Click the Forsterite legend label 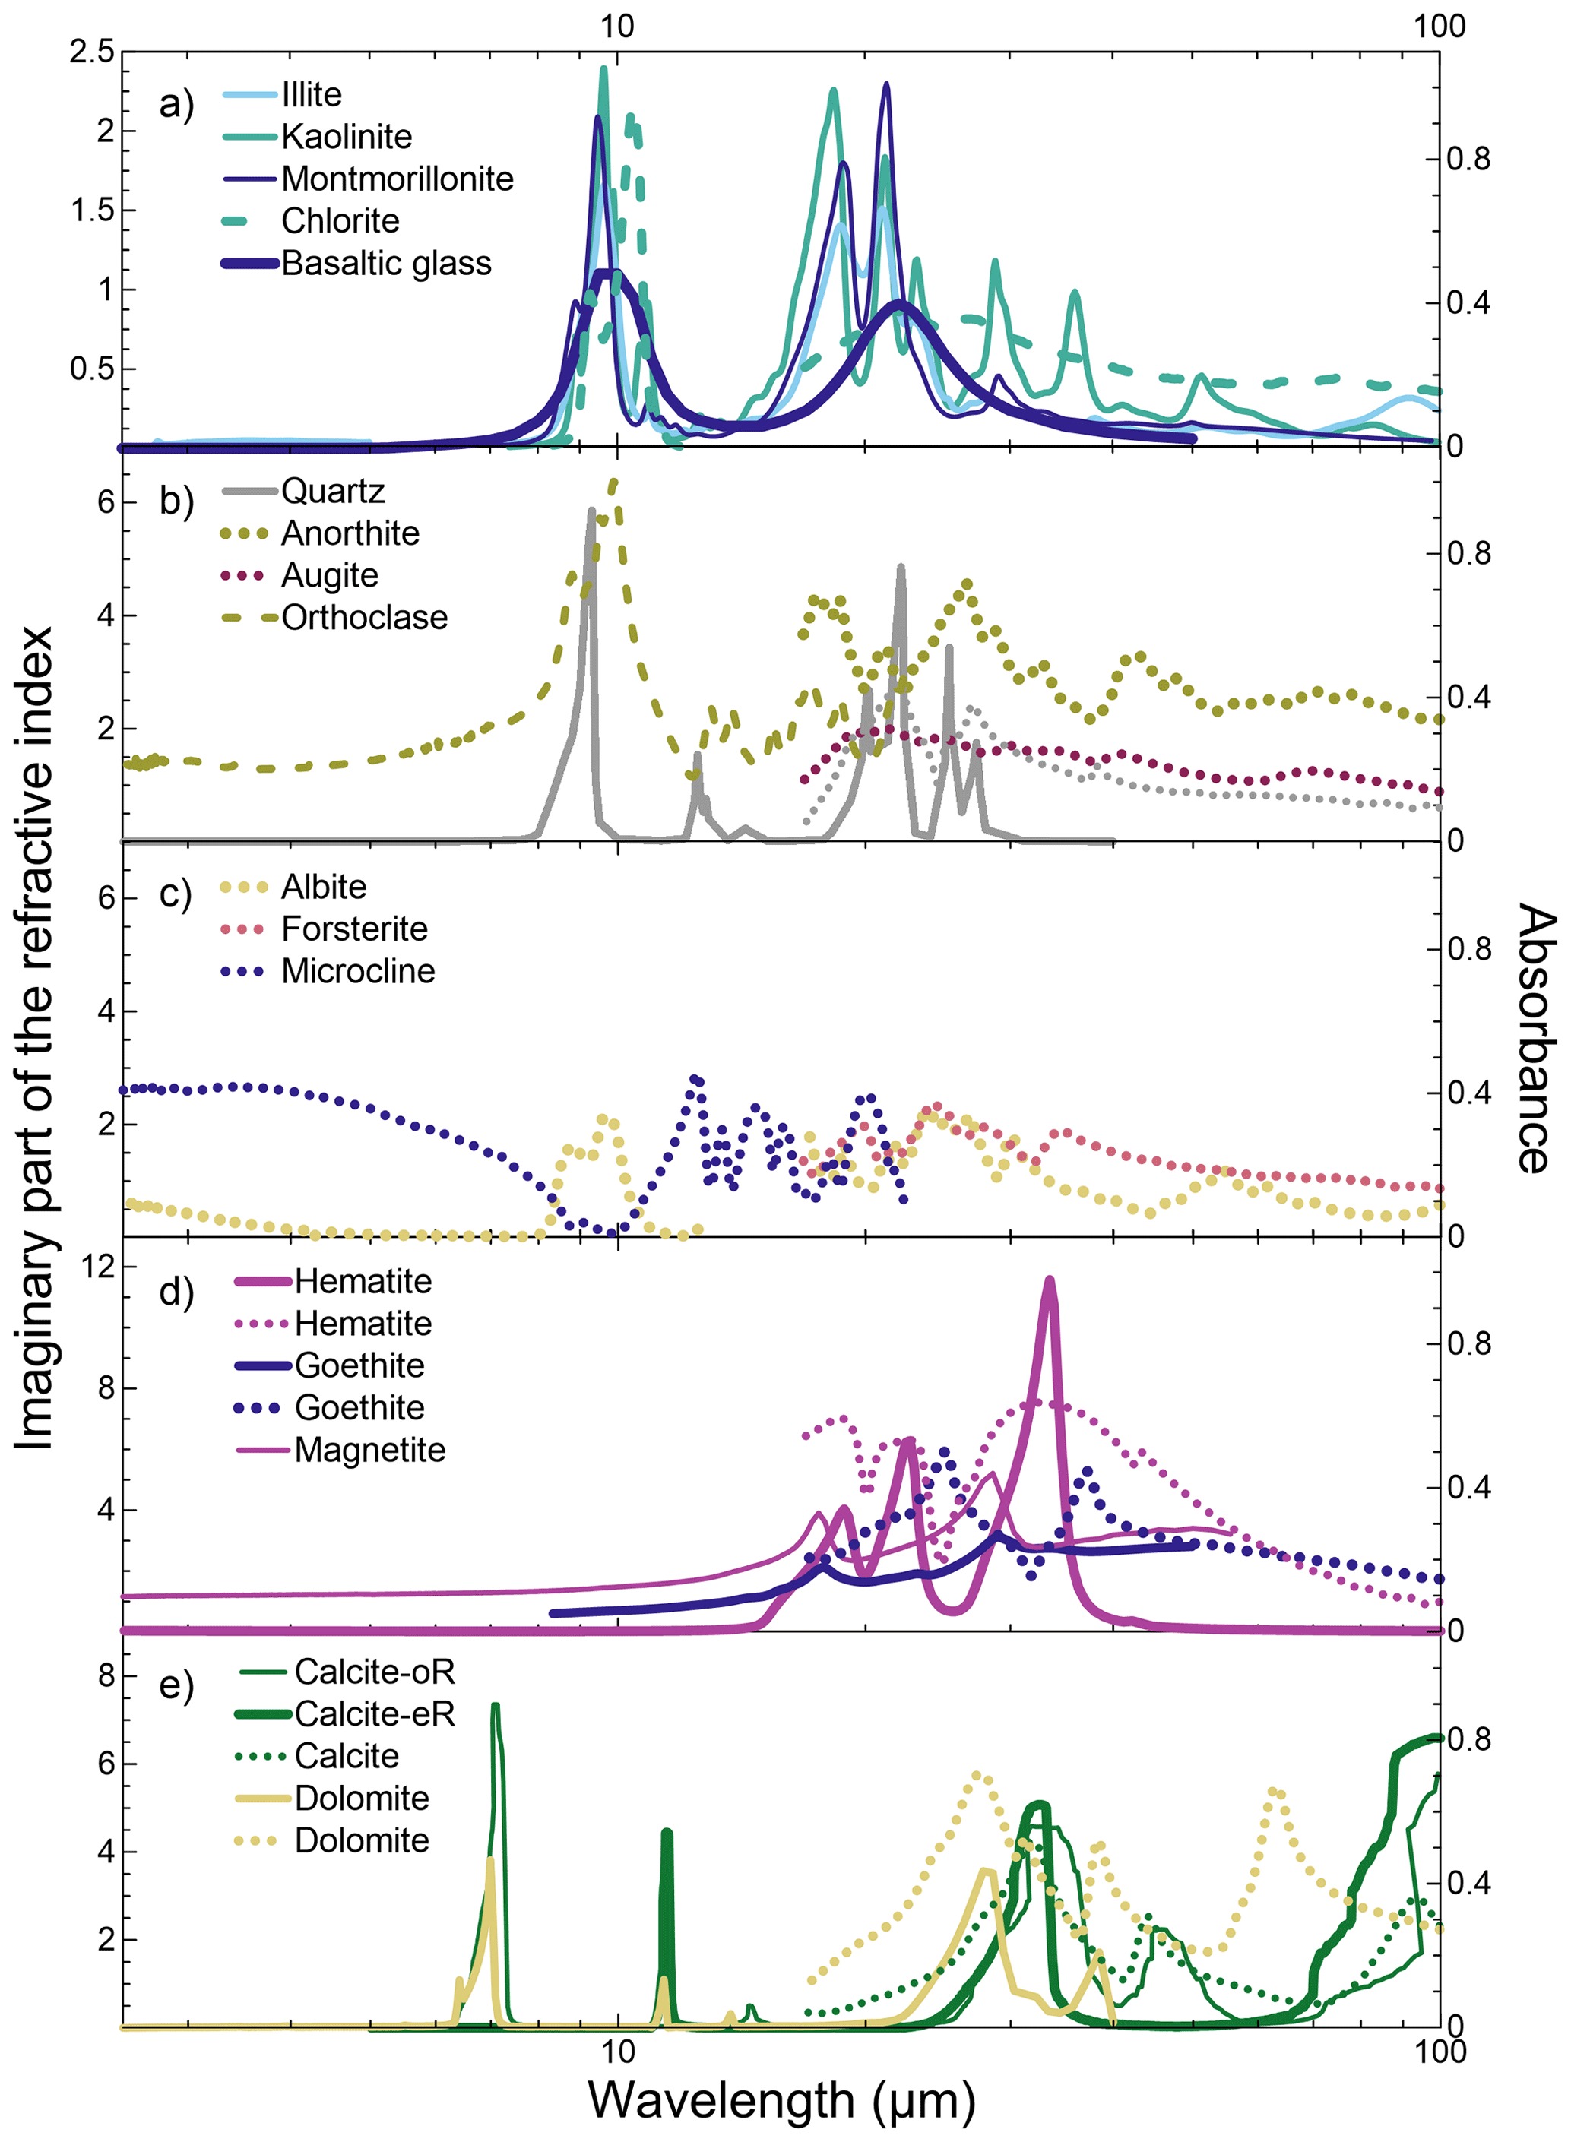click(353, 929)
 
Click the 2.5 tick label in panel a click(91, 52)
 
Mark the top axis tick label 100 click(1439, 26)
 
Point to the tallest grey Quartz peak click(591, 511)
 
